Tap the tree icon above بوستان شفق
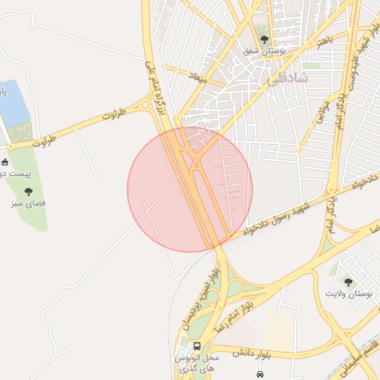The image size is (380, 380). pos(264,39)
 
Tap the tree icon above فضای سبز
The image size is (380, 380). pos(29,191)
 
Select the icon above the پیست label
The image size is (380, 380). pos(4,162)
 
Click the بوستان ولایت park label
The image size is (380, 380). pos(347,294)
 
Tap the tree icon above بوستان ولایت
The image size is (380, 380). pos(347,282)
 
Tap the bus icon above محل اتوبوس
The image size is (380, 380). pos(197,346)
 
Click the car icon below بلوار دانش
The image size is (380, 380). pos(260,374)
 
